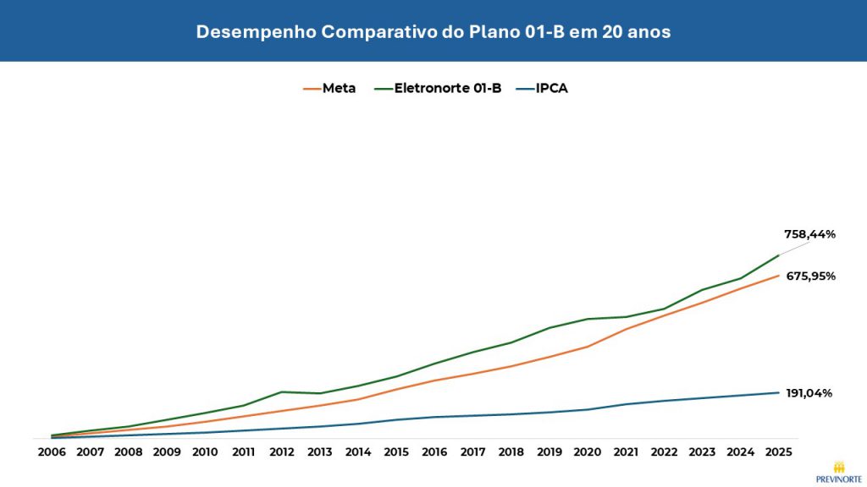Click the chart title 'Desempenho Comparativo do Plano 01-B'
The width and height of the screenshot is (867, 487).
(433, 32)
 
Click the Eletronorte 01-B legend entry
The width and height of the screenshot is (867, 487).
(439, 88)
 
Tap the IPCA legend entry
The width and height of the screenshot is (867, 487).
(544, 88)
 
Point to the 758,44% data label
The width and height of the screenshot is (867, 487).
(809, 234)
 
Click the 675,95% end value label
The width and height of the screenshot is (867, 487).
(809, 276)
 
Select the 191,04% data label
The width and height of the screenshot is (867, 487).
(809, 393)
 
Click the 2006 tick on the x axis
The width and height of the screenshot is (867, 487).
(52, 452)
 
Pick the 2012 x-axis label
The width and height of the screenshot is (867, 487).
(281, 452)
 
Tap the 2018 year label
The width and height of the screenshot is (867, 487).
(511, 452)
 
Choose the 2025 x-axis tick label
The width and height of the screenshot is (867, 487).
(777, 452)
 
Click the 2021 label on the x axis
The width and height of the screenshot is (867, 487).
(625, 452)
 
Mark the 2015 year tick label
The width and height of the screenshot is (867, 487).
(395, 452)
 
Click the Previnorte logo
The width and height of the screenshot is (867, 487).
(837, 472)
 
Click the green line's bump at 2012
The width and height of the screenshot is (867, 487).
(281, 391)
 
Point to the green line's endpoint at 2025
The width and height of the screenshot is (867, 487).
(777, 255)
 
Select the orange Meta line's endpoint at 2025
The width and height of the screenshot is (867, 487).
(777, 276)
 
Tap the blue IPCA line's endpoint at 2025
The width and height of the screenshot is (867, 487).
(777, 392)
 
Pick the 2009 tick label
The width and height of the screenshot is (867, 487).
(166, 452)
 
